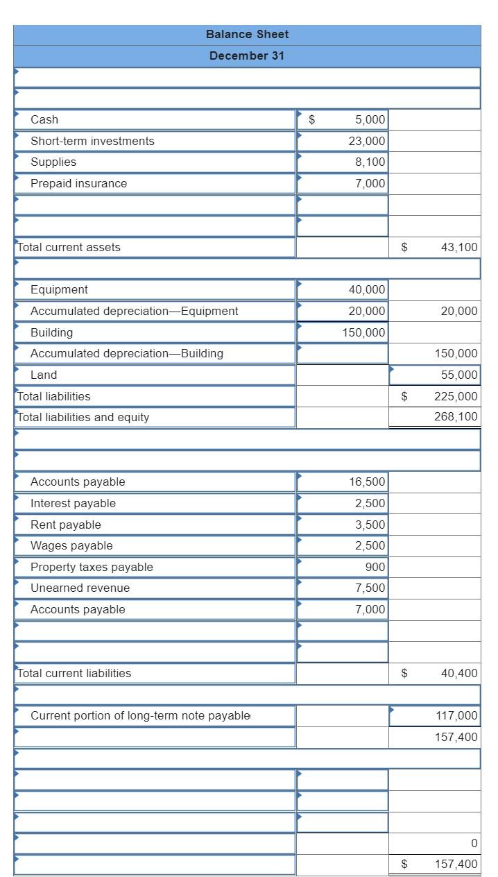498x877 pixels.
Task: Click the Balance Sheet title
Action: point(247,34)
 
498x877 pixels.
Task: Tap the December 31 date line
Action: point(247,56)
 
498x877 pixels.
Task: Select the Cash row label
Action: point(44,119)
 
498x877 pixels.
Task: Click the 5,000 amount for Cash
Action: point(370,119)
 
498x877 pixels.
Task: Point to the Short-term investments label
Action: point(92,141)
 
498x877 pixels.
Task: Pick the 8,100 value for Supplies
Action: point(370,162)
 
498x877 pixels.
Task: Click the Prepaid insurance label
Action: point(78,183)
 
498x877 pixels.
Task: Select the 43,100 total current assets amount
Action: point(458,247)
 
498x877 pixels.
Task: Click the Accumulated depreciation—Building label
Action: point(127,353)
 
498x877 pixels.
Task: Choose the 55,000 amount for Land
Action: point(458,375)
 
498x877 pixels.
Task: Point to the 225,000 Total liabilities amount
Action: point(456,396)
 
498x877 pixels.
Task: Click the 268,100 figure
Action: point(456,417)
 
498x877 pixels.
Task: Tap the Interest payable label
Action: point(73,503)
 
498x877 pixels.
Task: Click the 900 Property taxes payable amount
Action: point(375,567)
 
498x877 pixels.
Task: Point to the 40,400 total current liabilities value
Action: point(458,673)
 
